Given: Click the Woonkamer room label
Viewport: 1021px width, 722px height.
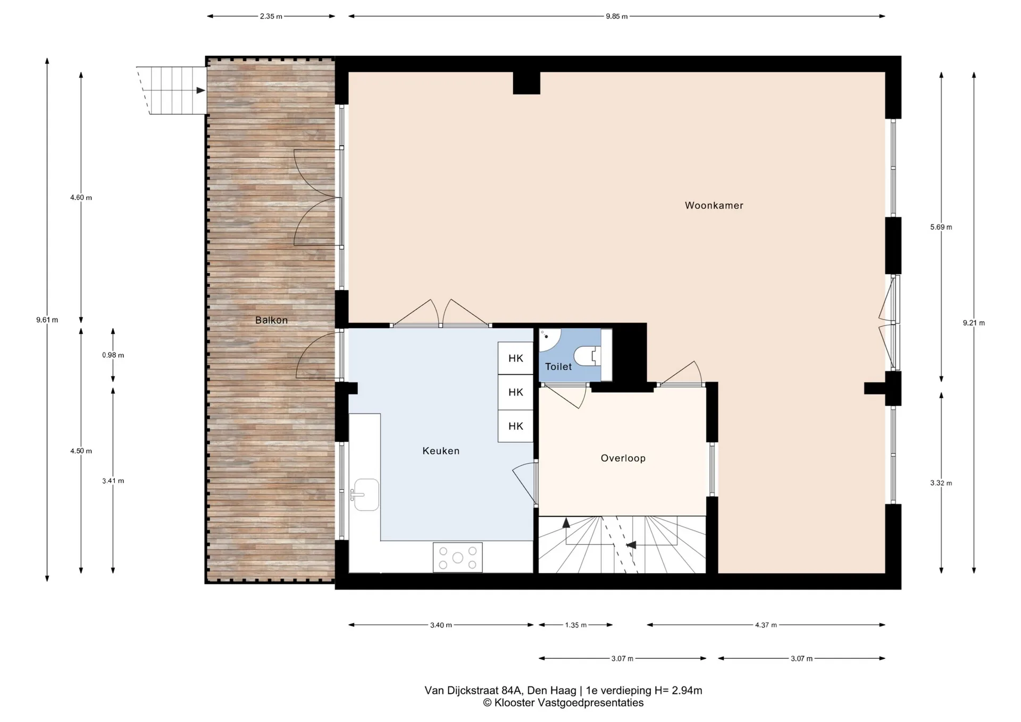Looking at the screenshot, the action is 714,205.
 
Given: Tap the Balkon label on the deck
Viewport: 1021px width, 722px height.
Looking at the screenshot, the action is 271,320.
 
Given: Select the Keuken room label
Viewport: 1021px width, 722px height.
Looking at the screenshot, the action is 441,451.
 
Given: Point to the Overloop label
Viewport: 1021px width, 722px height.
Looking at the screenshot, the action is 623,458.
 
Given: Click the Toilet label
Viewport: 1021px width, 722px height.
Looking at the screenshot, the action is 558,366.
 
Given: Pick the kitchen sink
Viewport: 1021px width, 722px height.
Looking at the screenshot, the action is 366,495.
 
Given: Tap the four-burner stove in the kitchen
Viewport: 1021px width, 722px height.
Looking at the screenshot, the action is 457,557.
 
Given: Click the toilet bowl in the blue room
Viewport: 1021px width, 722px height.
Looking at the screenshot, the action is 588,356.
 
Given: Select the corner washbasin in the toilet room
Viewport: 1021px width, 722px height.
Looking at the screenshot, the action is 549,339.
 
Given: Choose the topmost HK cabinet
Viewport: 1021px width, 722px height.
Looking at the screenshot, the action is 515,358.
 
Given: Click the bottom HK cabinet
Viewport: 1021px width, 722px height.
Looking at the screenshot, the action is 515,426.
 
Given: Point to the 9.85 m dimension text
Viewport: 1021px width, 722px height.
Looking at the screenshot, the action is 617,16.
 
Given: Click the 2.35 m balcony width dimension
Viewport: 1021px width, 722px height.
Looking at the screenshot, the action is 271,16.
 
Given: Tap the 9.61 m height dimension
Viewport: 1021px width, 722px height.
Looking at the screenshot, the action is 47,320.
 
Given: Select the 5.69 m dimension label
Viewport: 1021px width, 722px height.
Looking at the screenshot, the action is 941,227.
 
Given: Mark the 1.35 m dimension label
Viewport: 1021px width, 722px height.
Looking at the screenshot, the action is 576,625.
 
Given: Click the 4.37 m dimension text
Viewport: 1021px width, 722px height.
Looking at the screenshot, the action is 766,625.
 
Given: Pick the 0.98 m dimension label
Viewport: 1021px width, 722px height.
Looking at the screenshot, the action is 113,355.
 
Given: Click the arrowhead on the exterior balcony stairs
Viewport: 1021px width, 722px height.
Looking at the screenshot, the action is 200,90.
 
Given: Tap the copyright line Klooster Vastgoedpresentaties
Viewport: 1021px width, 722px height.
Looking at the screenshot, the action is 563,703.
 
